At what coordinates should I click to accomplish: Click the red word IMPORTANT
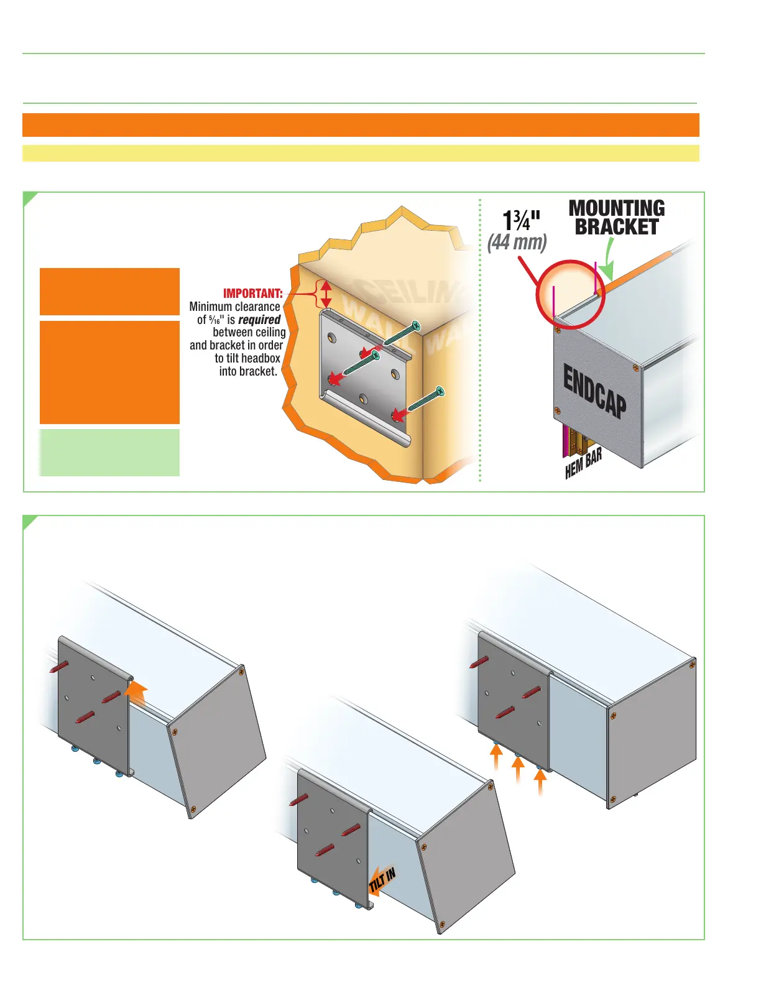252,294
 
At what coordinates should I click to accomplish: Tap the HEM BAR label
583,465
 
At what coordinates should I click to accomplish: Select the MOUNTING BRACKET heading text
616,218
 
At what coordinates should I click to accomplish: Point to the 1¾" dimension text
521,220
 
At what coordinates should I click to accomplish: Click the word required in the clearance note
259,320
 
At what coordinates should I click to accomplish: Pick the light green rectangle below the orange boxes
109,453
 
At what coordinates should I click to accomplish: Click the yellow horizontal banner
361,153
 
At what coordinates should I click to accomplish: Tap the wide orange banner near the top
361,124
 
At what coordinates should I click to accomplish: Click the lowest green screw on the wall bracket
425,399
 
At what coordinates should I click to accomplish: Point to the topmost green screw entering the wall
401,333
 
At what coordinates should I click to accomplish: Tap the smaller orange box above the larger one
109,292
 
